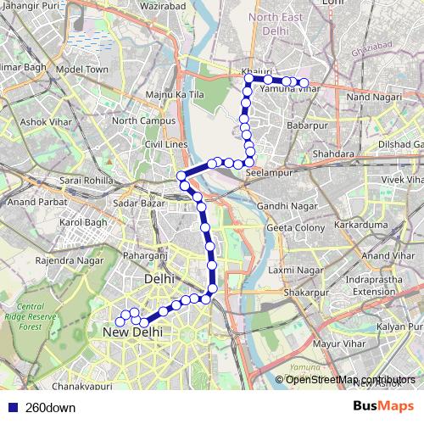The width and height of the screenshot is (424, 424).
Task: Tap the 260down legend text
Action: (49, 407)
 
